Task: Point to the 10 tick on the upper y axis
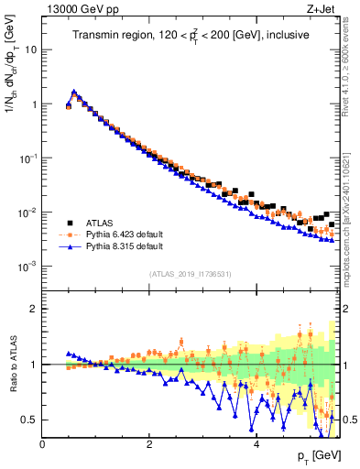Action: pyautogui.click(x=32, y=49)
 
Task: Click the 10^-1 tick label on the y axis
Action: pyautogui.click(x=27, y=158)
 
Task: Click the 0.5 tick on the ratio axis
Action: pyautogui.click(x=31, y=420)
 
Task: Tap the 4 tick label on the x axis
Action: pyautogui.click(x=256, y=444)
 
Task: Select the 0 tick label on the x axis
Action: pyautogui.click(x=42, y=444)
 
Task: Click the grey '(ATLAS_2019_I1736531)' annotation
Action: pyautogui.click(x=190, y=274)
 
